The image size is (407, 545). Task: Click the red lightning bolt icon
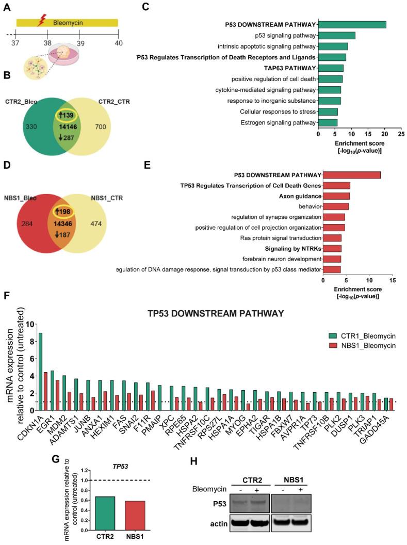click(43, 22)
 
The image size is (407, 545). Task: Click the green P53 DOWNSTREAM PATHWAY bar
click(352, 24)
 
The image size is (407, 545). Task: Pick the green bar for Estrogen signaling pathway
click(328, 122)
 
